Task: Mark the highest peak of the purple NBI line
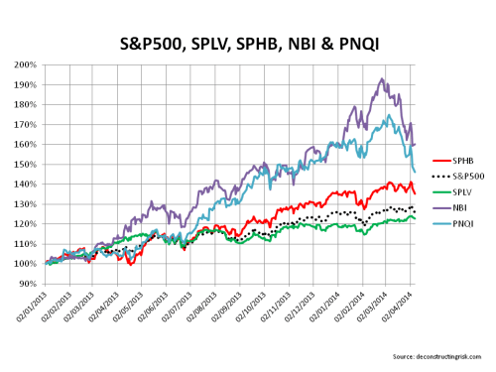pos(383,78)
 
